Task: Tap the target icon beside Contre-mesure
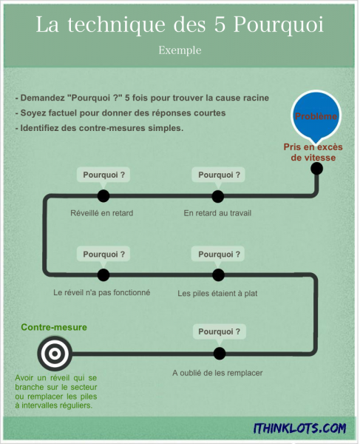(55, 354)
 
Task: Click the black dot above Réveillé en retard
(103, 196)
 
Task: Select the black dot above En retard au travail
(218, 196)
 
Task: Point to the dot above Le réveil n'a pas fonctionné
(103, 275)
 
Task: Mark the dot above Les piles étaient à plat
(218, 275)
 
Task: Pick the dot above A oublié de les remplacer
(220, 354)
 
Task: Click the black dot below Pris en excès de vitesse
(316, 169)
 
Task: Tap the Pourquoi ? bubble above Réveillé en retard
(103, 176)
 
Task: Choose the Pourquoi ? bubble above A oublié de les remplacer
(220, 333)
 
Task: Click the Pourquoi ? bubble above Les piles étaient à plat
(218, 255)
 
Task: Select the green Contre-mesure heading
(54, 327)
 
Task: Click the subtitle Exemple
(180, 50)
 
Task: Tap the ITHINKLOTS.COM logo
(300, 428)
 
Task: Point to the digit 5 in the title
(220, 24)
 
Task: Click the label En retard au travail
(217, 213)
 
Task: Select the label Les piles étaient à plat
(217, 293)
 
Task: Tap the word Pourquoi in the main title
(279, 25)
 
